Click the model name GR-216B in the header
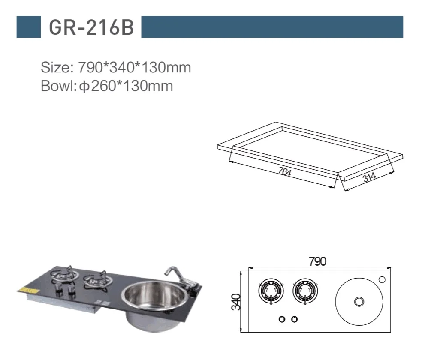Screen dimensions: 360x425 [x=91, y=27]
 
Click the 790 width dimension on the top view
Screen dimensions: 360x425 [x=317, y=261]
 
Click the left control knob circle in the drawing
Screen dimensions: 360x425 [x=282, y=319]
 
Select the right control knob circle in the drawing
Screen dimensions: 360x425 [x=294, y=319]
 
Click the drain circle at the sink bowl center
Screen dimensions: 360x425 [x=357, y=302]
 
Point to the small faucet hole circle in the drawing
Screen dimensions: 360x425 [x=382, y=280]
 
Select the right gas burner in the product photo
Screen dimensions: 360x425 [x=98, y=280]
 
